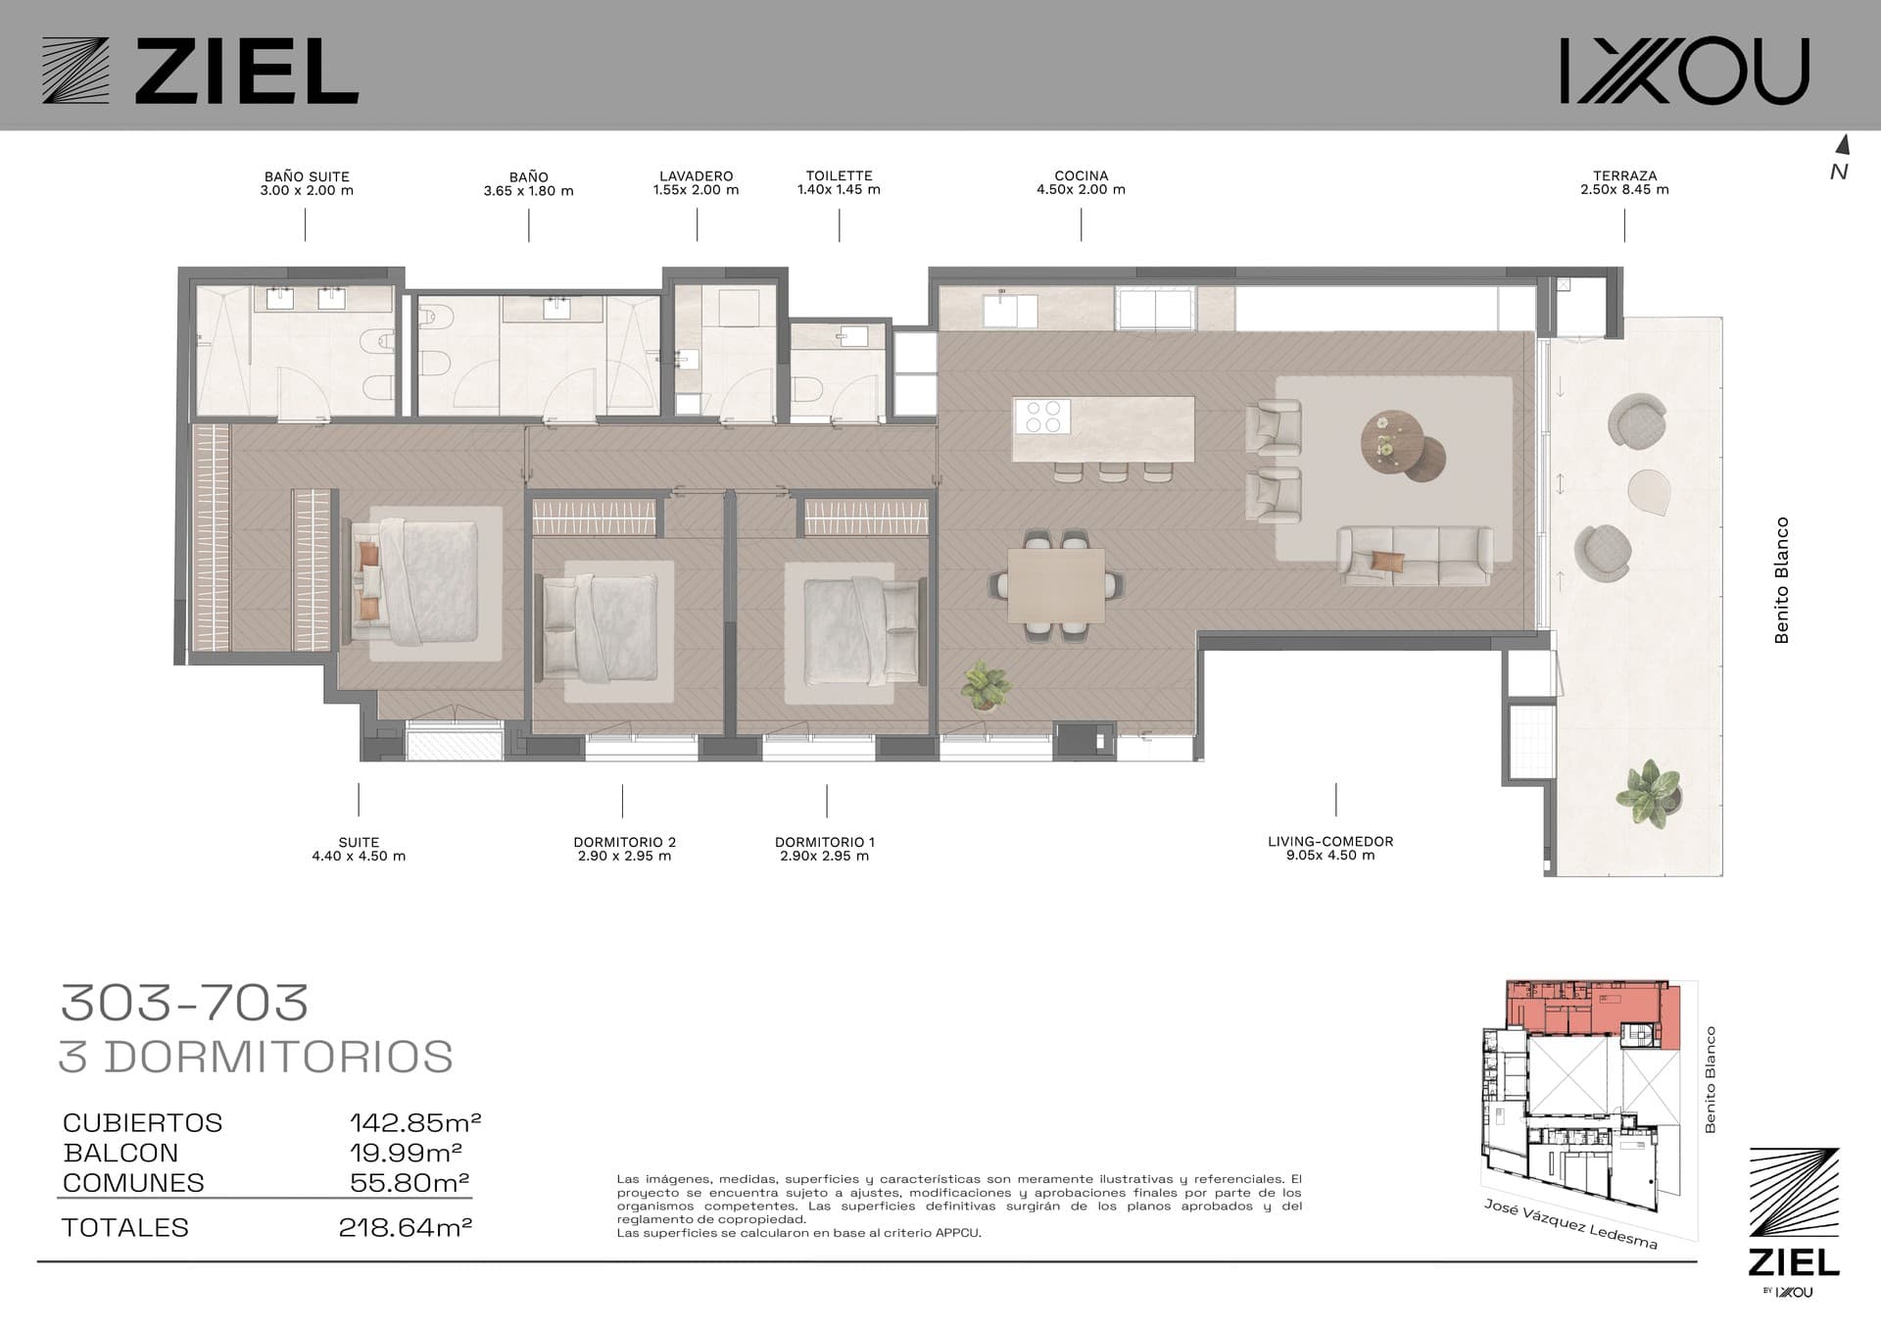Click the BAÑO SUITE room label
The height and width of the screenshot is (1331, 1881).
pyautogui.click(x=307, y=177)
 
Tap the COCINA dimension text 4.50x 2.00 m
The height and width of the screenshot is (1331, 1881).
pyautogui.click(x=1081, y=190)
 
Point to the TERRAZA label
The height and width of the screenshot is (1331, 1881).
pyautogui.click(x=1624, y=176)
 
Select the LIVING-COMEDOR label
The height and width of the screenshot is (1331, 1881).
pyautogui.click(x=1330, y=841)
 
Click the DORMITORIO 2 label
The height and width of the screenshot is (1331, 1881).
pyautogui.click(x=625, y=842)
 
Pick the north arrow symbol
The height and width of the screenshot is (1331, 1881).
pyautogui.click(x=1842, y=145)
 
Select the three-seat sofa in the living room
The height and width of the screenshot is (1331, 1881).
pyautogui.click(x=1415, y=557)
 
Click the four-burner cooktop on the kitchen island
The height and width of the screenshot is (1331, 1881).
pyautogui.click(x=1042, y=416)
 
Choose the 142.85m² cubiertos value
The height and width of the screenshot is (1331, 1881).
pyautogui.click(x=415, y=1122)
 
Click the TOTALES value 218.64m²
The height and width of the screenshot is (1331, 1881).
pyautogui.click(x=406, y=1227)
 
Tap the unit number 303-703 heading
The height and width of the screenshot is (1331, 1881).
pyautogui.click(x=185, y=1002)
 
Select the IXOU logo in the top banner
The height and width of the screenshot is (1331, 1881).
pyautogui.click(x=1684, y=71)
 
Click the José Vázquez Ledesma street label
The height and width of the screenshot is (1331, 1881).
pyautogui.click(x=1570, y=1223)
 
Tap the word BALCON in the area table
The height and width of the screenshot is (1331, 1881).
pyautogui.click(x=121, y=1153)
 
